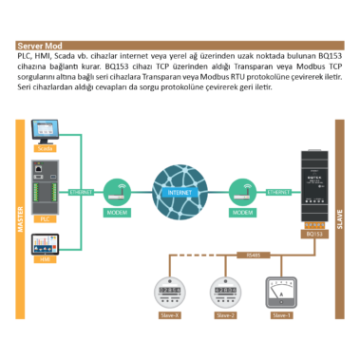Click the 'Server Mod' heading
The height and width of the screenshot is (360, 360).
coord(40,45)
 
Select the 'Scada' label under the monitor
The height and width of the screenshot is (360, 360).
coord(45,149)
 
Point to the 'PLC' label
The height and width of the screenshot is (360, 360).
coord(45,218)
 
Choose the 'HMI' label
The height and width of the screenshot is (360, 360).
coord(45,259)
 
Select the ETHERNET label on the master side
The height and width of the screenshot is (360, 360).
coord(81,192)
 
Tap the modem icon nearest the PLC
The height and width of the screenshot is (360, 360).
coord(116,190)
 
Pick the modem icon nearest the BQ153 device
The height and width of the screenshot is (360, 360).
coord(253,190)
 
